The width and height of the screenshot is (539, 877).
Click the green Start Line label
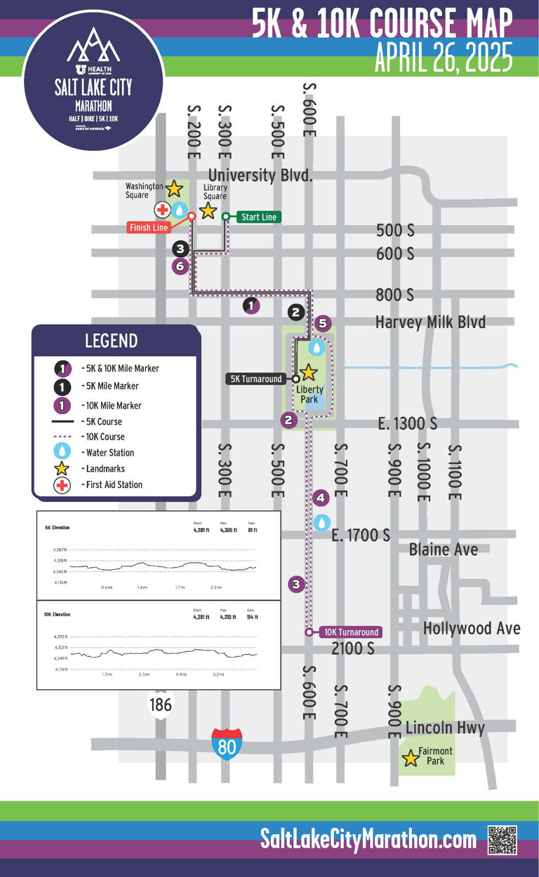(x=258, y=217)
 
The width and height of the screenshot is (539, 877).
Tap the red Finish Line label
(x=149, y=227)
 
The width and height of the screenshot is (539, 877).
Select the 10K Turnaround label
(x=350, y=632)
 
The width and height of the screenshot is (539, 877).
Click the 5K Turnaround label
(x=256, y=379)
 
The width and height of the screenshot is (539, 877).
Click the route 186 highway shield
(x=161, y=703)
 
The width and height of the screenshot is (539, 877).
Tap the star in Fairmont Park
(x=411, y=758)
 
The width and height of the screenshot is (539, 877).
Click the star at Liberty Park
(x=309, y=372)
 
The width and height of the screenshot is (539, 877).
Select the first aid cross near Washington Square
(x=161, y=210)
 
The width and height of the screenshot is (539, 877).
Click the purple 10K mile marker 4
(x=321, y=498)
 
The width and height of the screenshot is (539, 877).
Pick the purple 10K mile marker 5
(x=322, y=323)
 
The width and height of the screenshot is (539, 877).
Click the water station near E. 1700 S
(x=321, y=522)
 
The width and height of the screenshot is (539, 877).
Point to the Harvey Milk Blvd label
(x=430, y=322)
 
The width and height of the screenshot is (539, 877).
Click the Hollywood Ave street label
(x=472, y=628)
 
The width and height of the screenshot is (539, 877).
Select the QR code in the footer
(x=502, y=839)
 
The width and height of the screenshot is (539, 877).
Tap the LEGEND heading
(x=111, y=341)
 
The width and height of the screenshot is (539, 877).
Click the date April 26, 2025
(x=444, y=58)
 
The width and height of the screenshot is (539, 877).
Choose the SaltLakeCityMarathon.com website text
(x=368, y=838)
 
